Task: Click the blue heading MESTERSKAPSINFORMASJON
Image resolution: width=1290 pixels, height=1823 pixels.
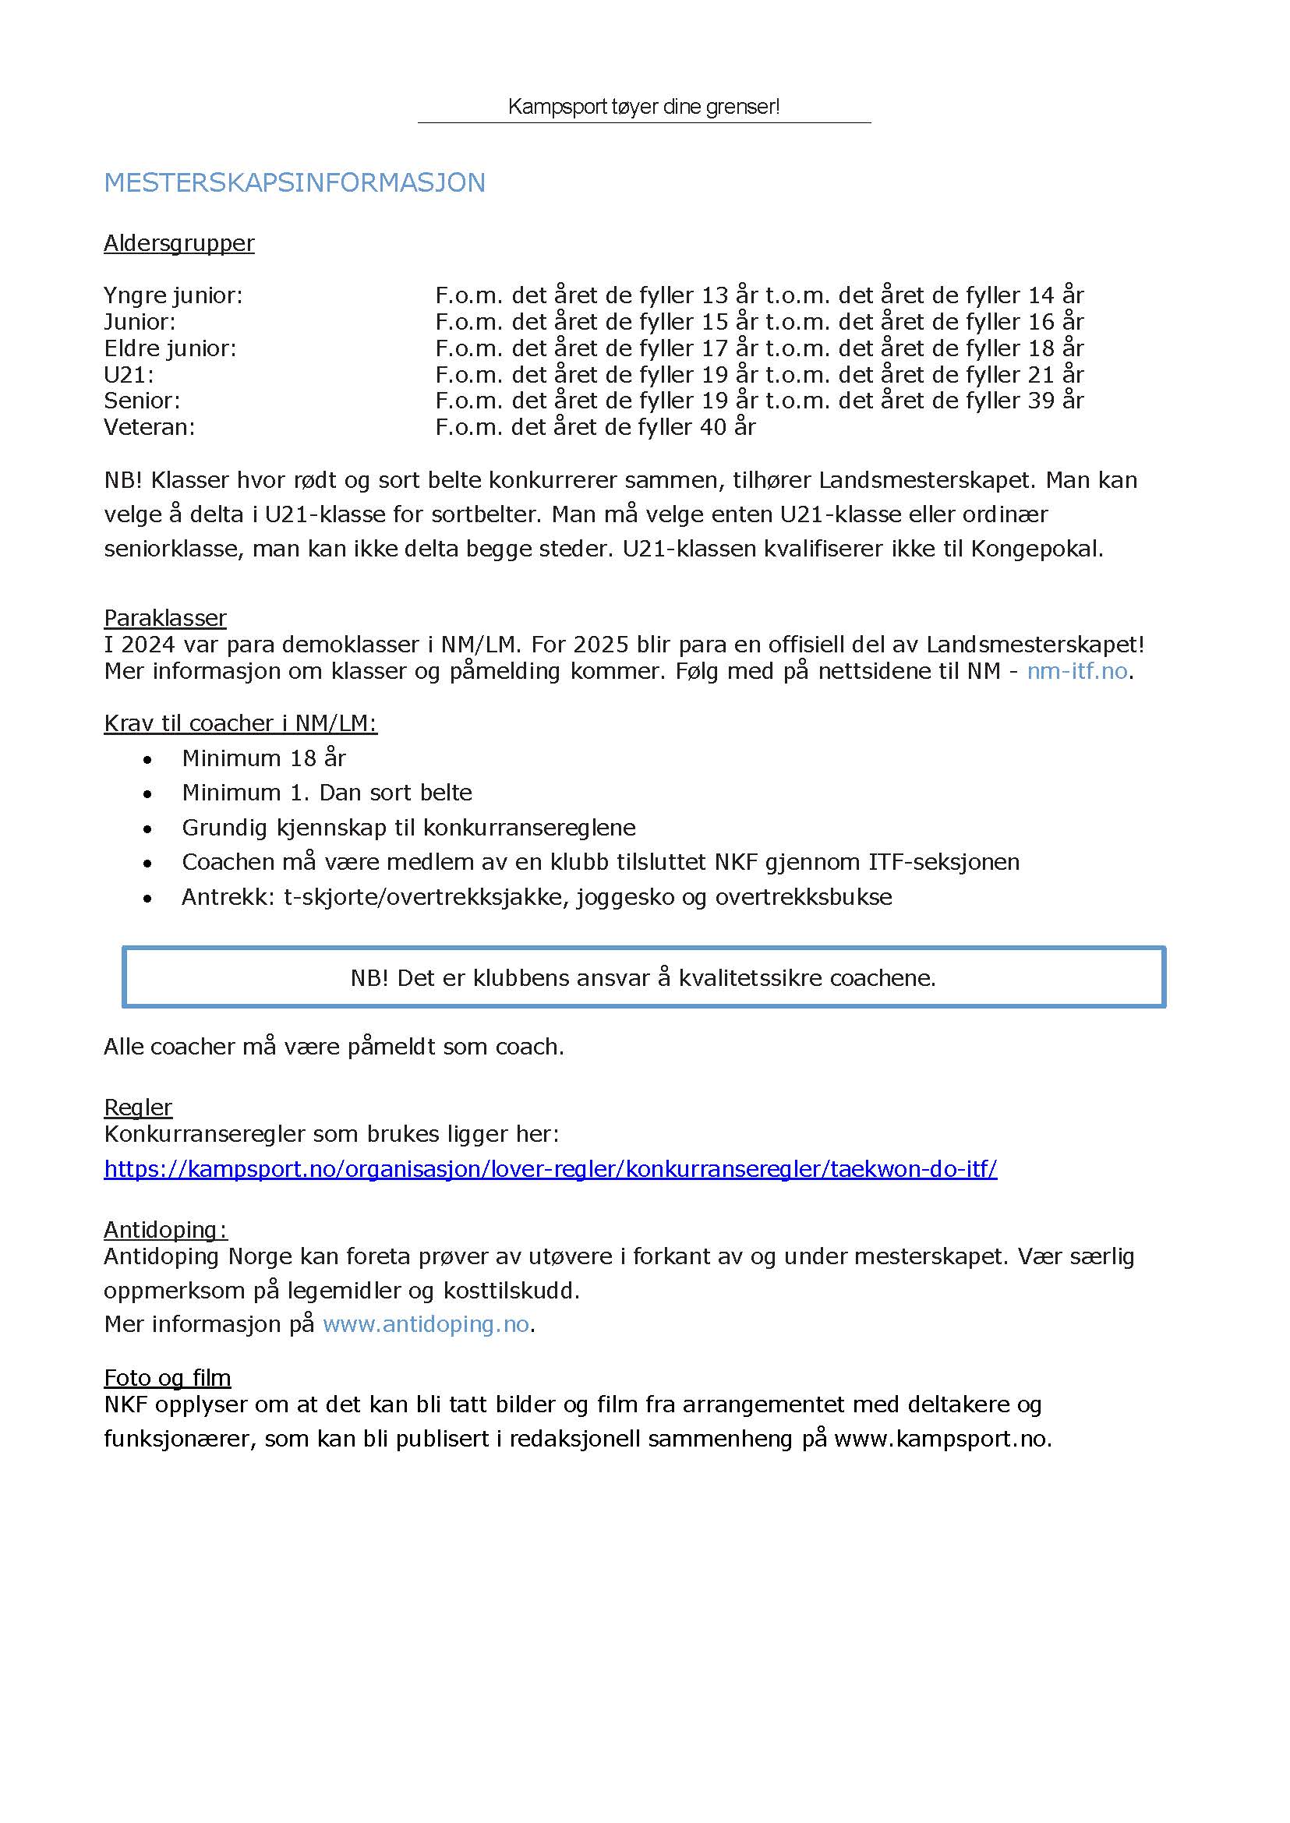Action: tap(294, 182)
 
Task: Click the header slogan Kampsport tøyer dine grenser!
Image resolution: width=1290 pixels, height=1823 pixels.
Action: tap(643, 107)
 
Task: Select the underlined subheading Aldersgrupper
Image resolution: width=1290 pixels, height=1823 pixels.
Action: tap(178, 243)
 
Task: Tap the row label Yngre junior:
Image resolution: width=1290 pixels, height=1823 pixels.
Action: tap(173, 295)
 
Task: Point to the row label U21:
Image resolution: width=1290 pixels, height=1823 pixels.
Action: tap(129, 374)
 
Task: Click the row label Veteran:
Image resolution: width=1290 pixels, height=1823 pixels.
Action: tap(150, 427)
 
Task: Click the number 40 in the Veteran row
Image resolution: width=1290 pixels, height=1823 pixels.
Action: tap(713, 427)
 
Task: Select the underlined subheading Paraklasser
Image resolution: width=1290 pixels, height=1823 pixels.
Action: tap(165, 617)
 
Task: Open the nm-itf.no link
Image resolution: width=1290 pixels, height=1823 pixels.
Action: tap(1077, 671)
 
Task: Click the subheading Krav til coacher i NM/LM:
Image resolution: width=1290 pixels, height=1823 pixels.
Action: tap(240, 722)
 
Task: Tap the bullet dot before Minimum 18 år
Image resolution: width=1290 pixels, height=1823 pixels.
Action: tap(147, 760)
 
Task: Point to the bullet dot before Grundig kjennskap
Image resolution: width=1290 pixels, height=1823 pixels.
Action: tap(147, 829)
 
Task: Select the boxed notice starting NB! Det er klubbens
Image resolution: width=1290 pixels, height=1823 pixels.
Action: tap(643, 977)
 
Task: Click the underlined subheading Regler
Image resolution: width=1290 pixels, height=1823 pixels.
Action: tap(137, 1108)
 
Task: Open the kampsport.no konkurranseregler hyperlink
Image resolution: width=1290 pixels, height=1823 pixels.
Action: tap(550, 1168)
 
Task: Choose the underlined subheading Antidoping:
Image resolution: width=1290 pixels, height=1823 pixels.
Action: tap(165, 1230)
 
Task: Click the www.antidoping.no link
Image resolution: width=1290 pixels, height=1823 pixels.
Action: tap(426, 1324)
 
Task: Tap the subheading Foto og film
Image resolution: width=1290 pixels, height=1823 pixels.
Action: tap(167, 1377)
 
